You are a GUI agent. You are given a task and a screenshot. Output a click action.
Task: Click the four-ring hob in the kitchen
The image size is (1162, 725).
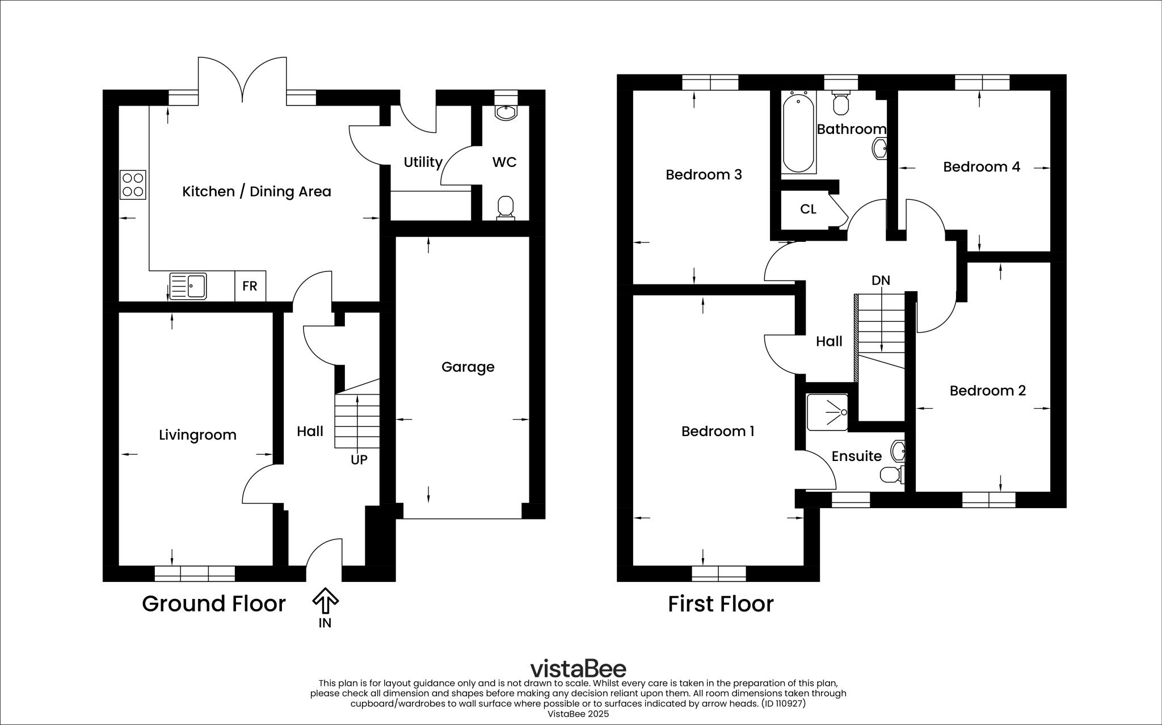133,185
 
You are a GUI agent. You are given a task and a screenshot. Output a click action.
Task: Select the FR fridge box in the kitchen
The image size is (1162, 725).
250,286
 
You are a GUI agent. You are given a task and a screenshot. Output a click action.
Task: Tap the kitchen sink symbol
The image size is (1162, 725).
188,286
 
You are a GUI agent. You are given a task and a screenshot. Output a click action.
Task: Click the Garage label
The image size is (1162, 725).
468,367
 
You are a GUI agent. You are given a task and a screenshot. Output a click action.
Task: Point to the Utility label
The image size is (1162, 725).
423,162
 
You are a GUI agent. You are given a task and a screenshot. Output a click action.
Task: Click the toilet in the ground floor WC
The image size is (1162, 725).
505,207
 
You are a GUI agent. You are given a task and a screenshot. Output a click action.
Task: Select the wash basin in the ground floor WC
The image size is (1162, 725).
506,112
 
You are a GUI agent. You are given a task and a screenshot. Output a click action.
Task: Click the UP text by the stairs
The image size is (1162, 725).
359,460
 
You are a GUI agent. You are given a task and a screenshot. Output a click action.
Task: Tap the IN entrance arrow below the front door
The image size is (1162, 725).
325,601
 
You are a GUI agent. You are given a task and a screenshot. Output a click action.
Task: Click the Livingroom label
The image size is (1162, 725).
197,435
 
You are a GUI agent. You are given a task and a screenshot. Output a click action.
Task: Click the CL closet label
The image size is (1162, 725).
808,209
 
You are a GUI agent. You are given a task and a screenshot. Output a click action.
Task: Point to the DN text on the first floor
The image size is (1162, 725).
881,280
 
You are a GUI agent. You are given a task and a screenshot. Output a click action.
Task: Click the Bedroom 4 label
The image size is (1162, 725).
981,167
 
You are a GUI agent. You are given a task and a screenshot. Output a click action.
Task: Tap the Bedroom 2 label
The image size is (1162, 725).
987,391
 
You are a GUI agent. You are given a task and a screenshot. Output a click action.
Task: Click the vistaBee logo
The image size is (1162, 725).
578,668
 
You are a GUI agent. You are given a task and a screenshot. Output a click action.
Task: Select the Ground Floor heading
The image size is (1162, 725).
213,604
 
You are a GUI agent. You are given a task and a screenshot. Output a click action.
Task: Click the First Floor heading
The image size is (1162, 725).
720,604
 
